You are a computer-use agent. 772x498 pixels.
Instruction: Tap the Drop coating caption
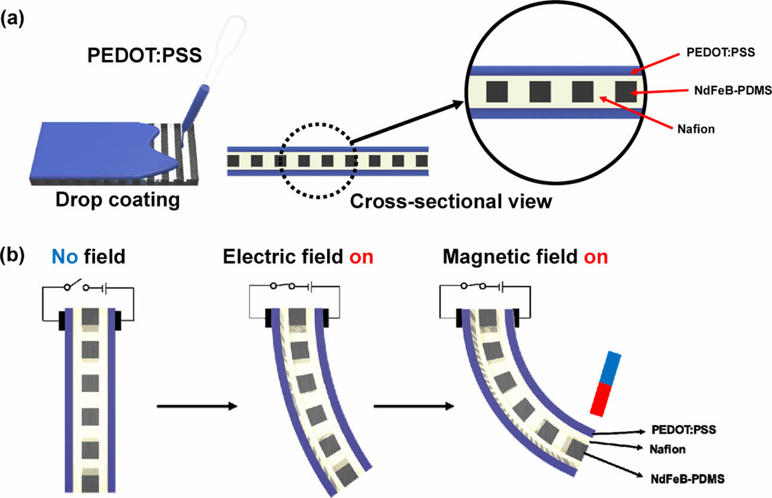(117, 200)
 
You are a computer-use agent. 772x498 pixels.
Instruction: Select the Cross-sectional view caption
(450, 201)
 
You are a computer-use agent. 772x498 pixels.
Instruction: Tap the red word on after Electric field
(358, 258)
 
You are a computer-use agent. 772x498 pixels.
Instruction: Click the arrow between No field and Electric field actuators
(197, 407)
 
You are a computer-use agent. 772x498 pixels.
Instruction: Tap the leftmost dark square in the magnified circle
(497, 91)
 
